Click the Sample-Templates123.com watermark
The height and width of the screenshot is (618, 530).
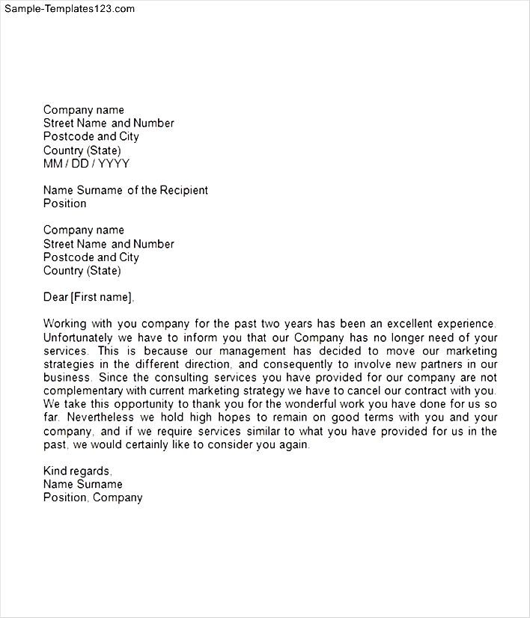[68, 9]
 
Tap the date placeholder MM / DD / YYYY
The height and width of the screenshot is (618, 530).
[86, 164]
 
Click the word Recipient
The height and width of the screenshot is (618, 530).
[183, 190]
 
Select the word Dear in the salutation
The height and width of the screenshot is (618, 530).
[55, 298]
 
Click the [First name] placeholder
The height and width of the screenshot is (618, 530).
[102, 298]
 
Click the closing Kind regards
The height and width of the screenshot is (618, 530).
[78, 471]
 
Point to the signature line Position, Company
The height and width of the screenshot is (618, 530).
[93, 498]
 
